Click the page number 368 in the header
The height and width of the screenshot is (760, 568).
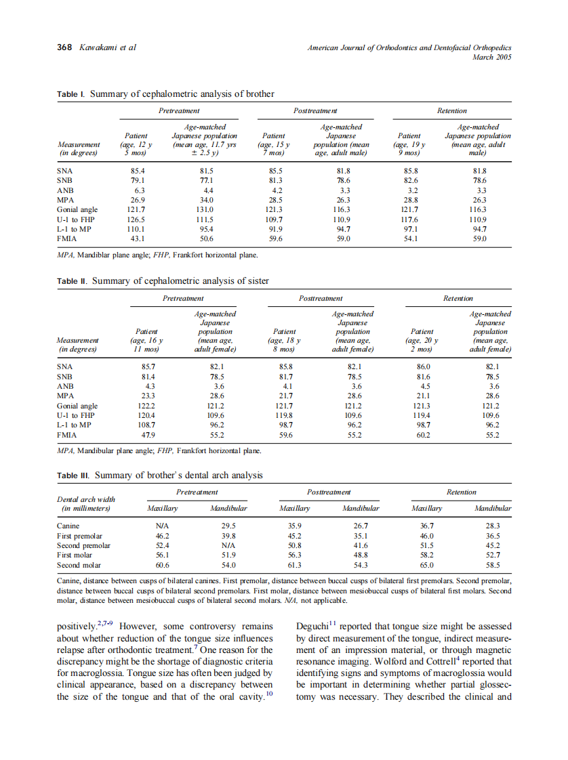click(65, 47)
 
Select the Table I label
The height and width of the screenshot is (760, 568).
click(71, 94)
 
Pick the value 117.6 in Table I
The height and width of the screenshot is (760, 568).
click(411, 219)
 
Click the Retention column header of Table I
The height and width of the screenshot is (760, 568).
click(452, 110)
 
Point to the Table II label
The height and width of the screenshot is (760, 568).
click(73, 281)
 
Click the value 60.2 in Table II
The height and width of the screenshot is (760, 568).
click(422, 435)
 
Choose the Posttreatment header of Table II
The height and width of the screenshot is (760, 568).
click(321, 298)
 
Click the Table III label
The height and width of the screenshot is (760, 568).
click(74, 476)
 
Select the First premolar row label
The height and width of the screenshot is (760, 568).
click(79, 536)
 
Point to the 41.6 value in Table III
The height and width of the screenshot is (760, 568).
click(361, 545)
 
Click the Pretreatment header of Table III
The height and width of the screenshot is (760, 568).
click(197, 492)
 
